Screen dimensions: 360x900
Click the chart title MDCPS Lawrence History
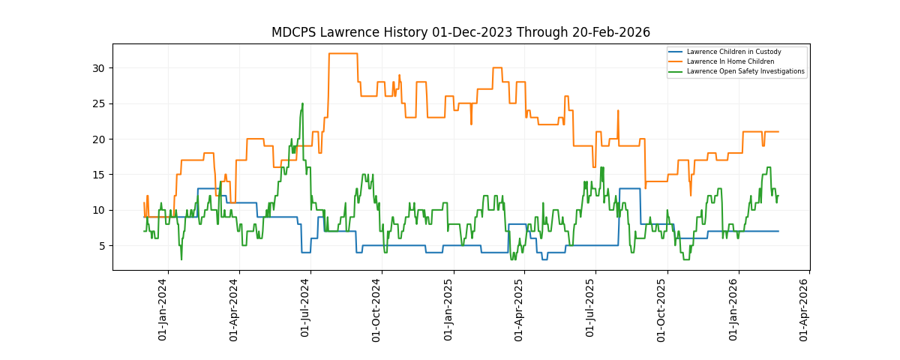(460, 32)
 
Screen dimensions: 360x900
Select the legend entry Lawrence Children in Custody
(733, 52)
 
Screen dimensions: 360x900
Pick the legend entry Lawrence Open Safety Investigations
(745, 71)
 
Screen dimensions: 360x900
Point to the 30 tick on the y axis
(98, 68)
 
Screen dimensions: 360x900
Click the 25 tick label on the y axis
(98, 103)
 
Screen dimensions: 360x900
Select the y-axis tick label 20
(98, 139)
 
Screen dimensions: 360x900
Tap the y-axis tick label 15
(98, 175)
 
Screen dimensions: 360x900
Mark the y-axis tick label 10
(98, 210)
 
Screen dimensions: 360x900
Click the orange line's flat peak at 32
(343, 53)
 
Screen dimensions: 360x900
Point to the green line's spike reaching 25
(302, 103)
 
